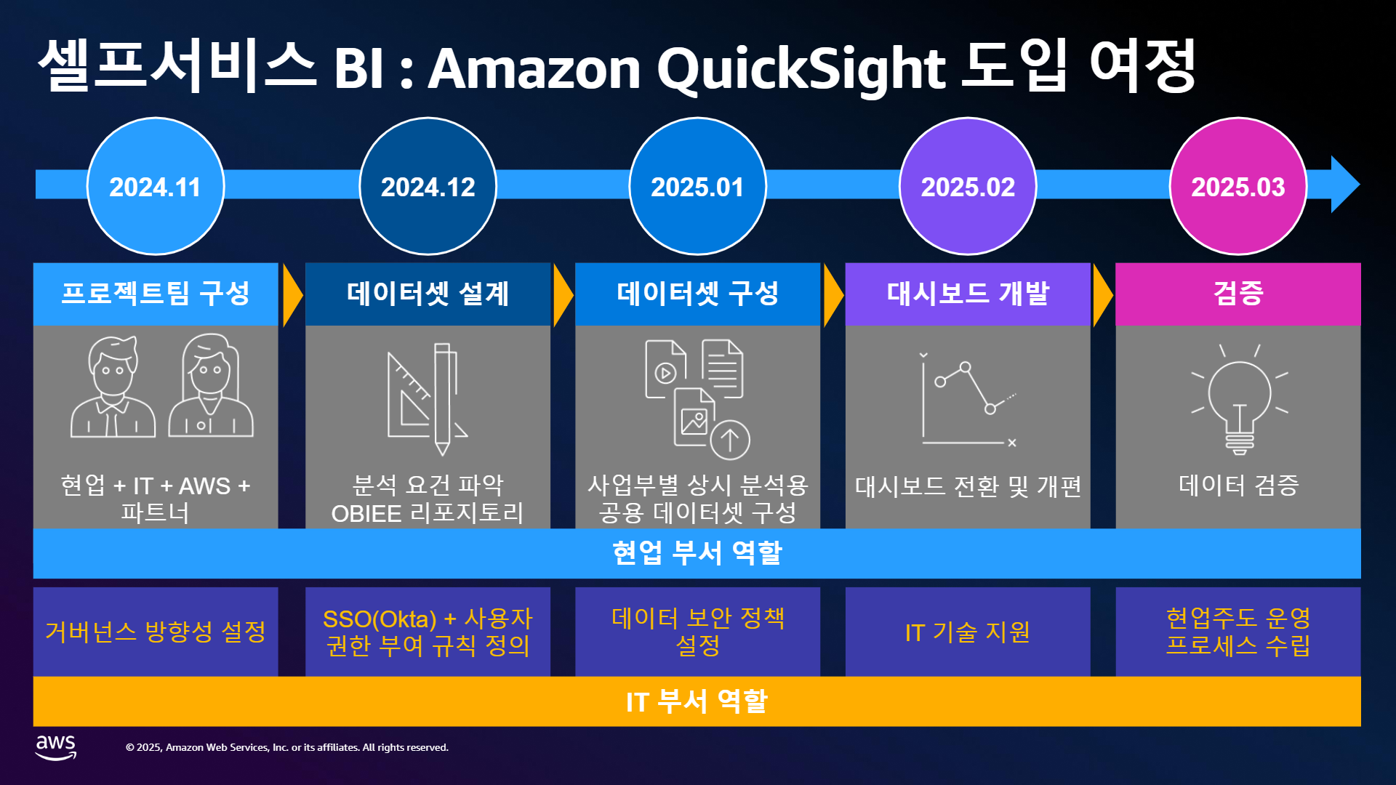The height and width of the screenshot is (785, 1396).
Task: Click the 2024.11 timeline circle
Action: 156,187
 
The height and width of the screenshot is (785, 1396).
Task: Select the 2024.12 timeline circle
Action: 428,187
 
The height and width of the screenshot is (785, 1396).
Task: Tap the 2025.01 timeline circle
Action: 698,187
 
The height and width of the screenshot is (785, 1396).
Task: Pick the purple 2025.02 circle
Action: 968,187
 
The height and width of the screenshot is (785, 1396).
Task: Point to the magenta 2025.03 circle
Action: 1238,187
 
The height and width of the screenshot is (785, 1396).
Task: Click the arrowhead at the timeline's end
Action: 1345,184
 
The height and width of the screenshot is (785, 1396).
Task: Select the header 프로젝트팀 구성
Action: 156,294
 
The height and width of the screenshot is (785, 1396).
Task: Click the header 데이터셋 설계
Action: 428,294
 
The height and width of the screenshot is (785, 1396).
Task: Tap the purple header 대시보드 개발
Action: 968,294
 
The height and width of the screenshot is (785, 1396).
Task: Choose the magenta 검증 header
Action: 1238,294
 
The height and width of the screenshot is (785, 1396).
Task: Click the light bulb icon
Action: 1240,400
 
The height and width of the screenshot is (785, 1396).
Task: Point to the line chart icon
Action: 968,400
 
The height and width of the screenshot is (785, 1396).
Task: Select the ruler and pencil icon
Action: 428,398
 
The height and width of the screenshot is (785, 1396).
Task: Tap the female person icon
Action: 211,385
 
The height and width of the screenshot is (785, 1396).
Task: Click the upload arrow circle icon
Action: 730,440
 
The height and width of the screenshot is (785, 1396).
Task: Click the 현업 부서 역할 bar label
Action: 697,553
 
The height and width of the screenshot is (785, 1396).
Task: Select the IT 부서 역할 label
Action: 697,701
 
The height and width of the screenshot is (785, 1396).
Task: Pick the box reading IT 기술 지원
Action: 968,632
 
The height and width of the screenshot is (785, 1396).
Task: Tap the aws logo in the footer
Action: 56,747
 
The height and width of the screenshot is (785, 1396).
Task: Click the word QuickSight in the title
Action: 801,70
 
